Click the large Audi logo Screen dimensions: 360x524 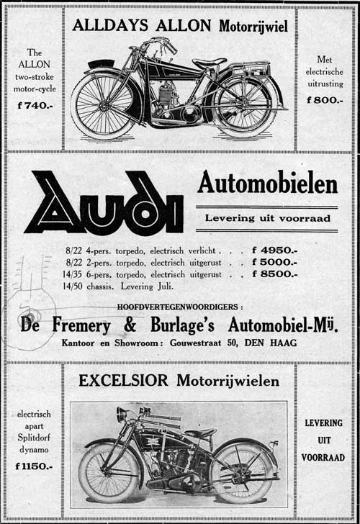(104, 204)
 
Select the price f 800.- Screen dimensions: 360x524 (323, 100)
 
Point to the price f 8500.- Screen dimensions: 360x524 (274, 274)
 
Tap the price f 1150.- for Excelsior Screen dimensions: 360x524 (34, 466)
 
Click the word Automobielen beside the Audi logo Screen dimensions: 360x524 (267, 185)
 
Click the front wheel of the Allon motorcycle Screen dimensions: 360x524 (102, 106)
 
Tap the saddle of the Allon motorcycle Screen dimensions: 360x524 (209, 63)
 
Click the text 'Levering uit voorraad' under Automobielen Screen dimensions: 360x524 (266, 217)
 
